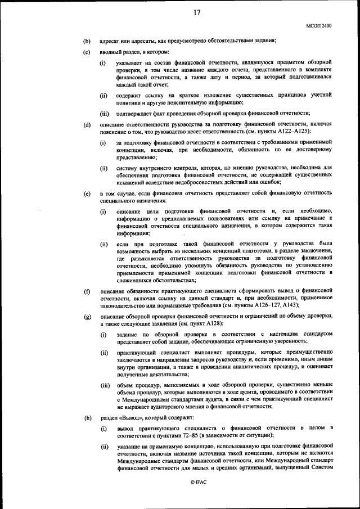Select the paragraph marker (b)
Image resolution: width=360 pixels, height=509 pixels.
pyautogui.click(x=87, y=41)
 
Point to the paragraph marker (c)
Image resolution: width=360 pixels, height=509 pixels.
pyautogui.click(x=87, y=52)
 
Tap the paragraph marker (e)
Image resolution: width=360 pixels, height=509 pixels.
pyautogui.click(x=87, y=193)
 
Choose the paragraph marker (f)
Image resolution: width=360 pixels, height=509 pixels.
pyautogui.click(x=87, y=291)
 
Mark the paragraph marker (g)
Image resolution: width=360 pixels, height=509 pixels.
pyautogui.click(x=87, y=318)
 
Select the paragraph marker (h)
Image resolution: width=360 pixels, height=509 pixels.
pyautogui.click(x=87, y=418)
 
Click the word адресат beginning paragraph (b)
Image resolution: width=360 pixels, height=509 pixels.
pyautogui.click(x=111, y=41)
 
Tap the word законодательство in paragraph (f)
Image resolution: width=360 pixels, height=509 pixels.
pyautogui.click(x=123, y=305)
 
